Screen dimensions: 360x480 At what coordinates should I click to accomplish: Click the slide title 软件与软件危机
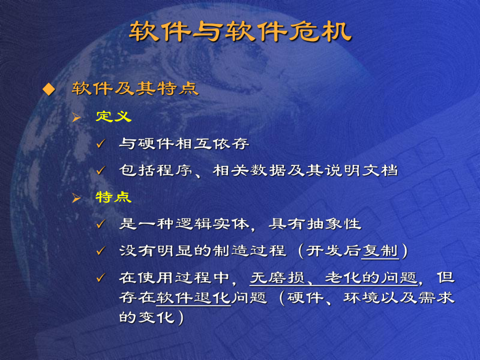point(241,32)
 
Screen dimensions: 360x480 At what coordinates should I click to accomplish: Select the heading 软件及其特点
point(135,89)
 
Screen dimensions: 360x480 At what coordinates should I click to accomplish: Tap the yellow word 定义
point(113,117)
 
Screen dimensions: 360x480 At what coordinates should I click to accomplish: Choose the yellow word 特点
point(113,197)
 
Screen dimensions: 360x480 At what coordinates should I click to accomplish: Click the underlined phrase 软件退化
point(193,298)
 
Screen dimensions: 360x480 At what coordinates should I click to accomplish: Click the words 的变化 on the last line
point(146,318)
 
